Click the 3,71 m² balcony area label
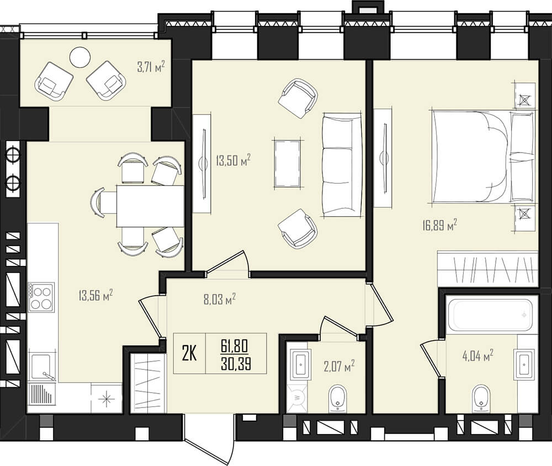(151, 66)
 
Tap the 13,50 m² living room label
(233, 160)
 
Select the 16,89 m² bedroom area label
(440, 225)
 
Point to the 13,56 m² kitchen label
(95, 295)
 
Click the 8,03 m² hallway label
(219, 300)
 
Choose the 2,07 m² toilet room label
(339, 366)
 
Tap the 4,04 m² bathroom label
(477, 355)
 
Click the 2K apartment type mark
(189, 353)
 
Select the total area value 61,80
(235, 346)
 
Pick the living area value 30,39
(236, 363)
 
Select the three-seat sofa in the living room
(342, 165)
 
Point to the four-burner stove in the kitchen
(41, 297)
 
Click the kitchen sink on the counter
(42, 366)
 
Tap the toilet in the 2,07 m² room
(338, 399)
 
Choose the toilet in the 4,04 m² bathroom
(481, 399)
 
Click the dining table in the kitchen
(150, 206)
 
